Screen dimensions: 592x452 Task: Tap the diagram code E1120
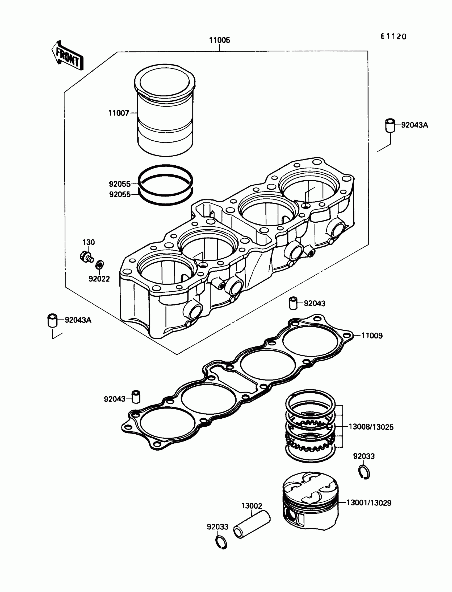(393, 37)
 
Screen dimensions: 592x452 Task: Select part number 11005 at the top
(220, 40)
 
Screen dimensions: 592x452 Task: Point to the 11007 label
(119, 113)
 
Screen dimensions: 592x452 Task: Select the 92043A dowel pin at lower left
(52, 320)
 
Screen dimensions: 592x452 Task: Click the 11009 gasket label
(372, 336)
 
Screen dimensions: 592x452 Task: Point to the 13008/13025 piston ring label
(371, 427)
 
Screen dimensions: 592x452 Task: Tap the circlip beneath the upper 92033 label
(365, 472)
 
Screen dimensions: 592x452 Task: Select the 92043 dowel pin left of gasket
(136, 397)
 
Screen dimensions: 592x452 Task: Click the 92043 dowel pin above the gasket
(293, 303)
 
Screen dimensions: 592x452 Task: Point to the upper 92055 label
(119, 184)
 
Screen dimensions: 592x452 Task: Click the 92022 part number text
(99, 279)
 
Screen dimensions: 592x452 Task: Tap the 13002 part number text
(252, 506)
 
